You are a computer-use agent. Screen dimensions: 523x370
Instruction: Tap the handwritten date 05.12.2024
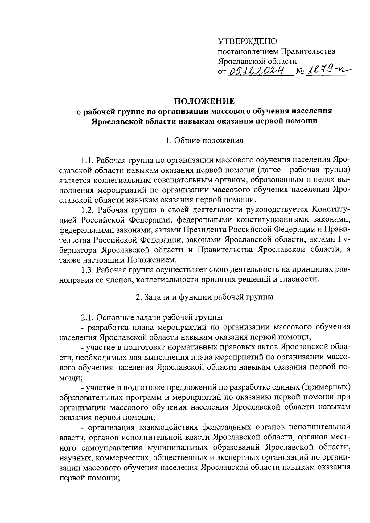point(256,72)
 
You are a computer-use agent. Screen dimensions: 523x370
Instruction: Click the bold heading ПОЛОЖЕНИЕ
point(204,101)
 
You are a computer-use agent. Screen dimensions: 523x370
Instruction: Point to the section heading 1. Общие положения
point(204,141)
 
